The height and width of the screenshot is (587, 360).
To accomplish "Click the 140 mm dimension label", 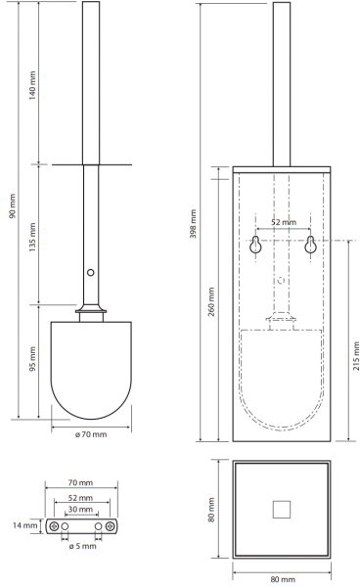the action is (x=33, y=86).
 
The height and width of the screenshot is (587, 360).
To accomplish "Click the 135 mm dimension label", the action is (x=33, y=237).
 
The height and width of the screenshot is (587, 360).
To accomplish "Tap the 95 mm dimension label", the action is (x=33, y=359).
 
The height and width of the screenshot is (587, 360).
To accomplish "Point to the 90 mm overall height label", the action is (x=13, y=206).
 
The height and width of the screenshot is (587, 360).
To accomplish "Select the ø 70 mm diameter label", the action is (x=91, y=434).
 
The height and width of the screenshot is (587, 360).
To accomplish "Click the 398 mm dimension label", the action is (x=193, y=224).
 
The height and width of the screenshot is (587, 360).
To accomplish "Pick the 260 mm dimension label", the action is (x=211, y=301).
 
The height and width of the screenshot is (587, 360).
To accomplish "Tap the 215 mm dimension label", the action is (x=356, y=356).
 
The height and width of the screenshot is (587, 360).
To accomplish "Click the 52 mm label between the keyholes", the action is (x=284, y=222).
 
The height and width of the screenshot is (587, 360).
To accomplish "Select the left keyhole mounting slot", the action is (x=255, y=245).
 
